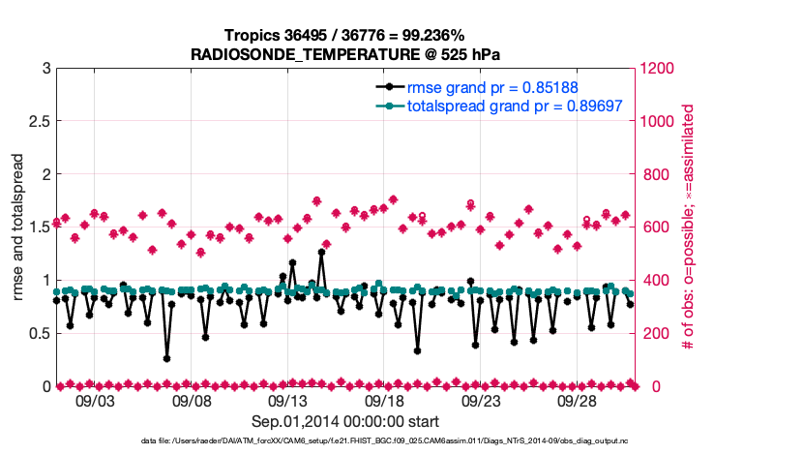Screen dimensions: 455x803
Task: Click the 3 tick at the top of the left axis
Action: pos(45,69)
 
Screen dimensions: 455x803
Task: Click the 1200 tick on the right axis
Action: pos(660,69)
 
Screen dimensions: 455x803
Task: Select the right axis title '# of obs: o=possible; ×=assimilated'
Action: pos(689,227)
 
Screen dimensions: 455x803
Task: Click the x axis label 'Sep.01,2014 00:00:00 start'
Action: pos(345,421)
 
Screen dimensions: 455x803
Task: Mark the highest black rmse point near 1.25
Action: pos(321,253)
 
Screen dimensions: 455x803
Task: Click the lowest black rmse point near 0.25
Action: pos(166,358)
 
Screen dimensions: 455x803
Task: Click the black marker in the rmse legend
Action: pos(390,86)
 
